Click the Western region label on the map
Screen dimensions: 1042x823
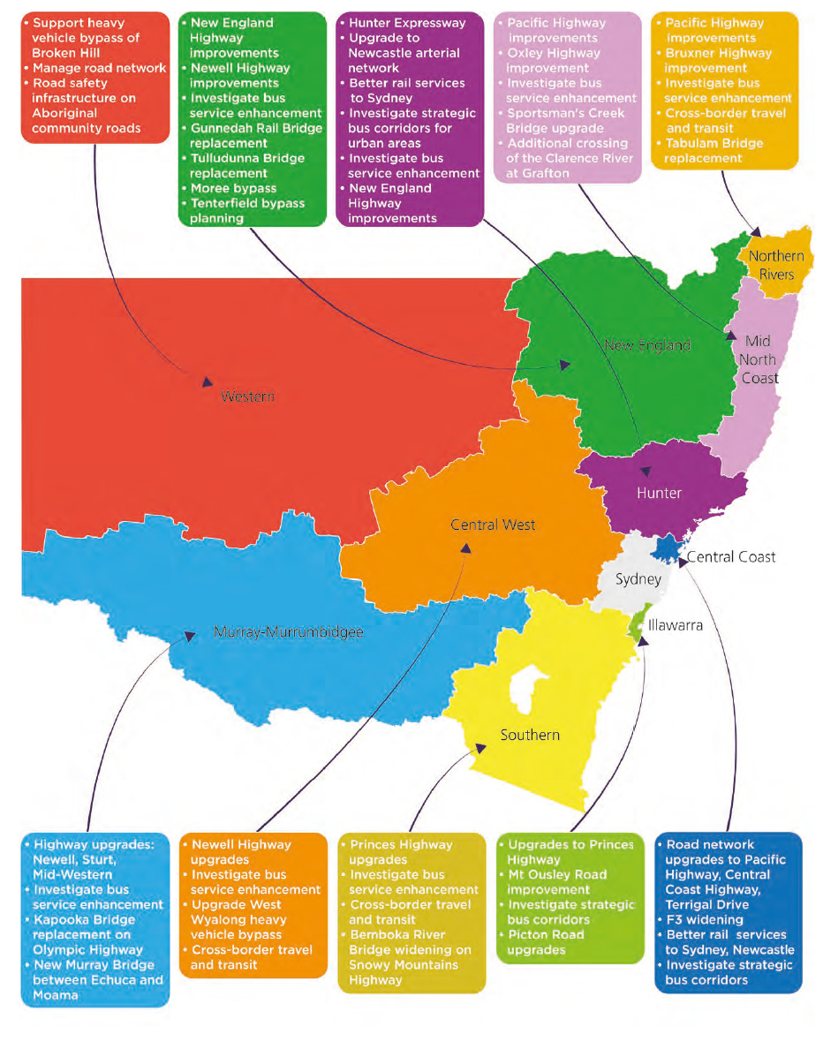[247, 396]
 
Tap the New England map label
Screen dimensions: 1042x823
[647, 345]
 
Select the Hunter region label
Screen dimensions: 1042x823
[659, 493]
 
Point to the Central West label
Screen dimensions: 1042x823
[493, 525]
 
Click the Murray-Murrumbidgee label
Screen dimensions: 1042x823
[289, 632]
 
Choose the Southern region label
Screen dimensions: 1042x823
[530, 735]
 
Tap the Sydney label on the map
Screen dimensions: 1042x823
[638, 579]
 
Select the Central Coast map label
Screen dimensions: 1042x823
[731, 556]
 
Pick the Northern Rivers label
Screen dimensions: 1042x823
[776, 265]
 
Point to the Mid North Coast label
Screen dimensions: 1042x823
[759, 359]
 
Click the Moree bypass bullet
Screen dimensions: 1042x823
[233, 188]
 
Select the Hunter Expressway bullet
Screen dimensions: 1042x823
[407, 23]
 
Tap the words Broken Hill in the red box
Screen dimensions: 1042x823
[66, 53]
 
